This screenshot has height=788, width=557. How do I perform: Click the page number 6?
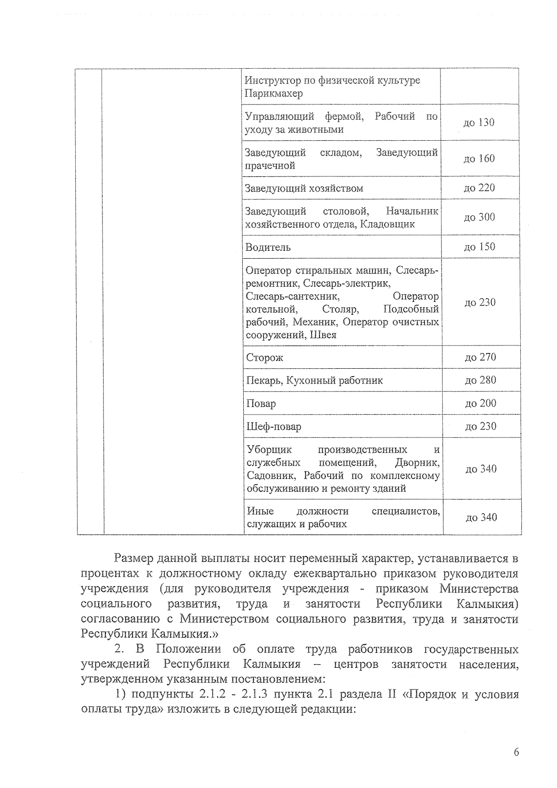[x=516, y=753]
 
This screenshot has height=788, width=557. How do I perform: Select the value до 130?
[x=479, y=123]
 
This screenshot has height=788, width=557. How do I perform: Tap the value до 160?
[x=479, y=158]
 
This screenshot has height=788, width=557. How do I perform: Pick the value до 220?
[x=479, y=188]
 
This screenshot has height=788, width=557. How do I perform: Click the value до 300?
[x=479, y=217]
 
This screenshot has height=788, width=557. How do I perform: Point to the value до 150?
[x=479, y=247]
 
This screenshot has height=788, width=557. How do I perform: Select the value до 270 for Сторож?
[x=480, y=357]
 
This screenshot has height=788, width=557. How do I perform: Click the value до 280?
[x=480, y=380]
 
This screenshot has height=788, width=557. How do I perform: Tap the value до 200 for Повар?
[x=480, y=403]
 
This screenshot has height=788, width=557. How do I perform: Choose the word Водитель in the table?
[x=268, y=247]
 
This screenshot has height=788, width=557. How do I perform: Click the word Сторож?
[x=265, y=358]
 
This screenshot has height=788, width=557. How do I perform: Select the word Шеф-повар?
[x=274, y=427]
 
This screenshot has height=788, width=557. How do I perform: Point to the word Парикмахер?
[x=273, y=94]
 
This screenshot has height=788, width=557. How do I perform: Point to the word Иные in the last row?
[x=260, y=511]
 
